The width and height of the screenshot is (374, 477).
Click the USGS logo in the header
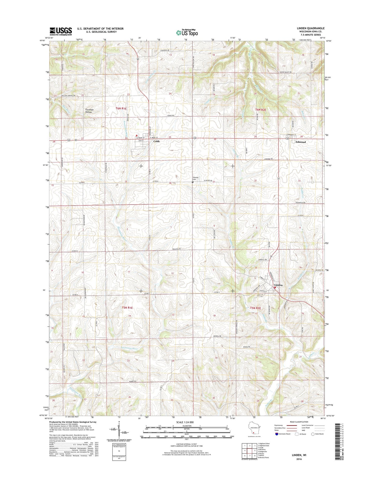click(61, 31)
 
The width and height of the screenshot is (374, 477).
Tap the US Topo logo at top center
click(187, 32)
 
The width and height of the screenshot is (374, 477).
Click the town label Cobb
click(156, 141)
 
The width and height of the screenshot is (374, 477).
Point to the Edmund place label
click(300, 142)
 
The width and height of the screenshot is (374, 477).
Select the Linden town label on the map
click(278, 285)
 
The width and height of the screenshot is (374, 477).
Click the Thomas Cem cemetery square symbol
click(193, 182)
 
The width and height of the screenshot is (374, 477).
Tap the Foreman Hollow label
click(89, 111)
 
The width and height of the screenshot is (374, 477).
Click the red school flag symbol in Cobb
click(137, 135)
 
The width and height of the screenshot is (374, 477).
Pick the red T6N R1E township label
click(121, 109)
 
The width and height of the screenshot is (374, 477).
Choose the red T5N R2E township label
click(255, 308)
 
